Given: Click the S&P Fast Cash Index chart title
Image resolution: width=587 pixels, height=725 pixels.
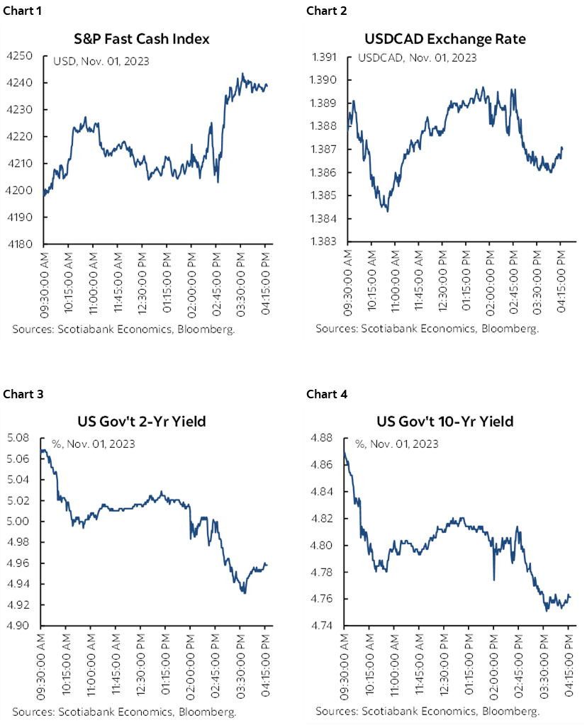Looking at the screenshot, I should pos(142,40).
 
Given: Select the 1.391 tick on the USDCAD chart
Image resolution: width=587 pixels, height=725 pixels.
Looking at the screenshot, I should pos(330,56).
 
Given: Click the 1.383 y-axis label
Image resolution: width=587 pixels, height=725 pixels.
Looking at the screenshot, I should pos(330,241).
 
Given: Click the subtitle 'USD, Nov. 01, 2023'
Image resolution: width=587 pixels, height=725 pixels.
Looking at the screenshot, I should pos(101,61).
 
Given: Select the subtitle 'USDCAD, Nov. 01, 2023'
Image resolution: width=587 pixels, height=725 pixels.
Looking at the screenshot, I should pos(418,57).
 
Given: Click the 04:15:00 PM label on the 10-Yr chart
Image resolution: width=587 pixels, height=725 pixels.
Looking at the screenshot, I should pos(569,665).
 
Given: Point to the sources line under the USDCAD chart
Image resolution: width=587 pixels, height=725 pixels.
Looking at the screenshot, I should pos(427,328).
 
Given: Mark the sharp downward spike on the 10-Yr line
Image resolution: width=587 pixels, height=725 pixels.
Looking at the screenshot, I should pos(494,579).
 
